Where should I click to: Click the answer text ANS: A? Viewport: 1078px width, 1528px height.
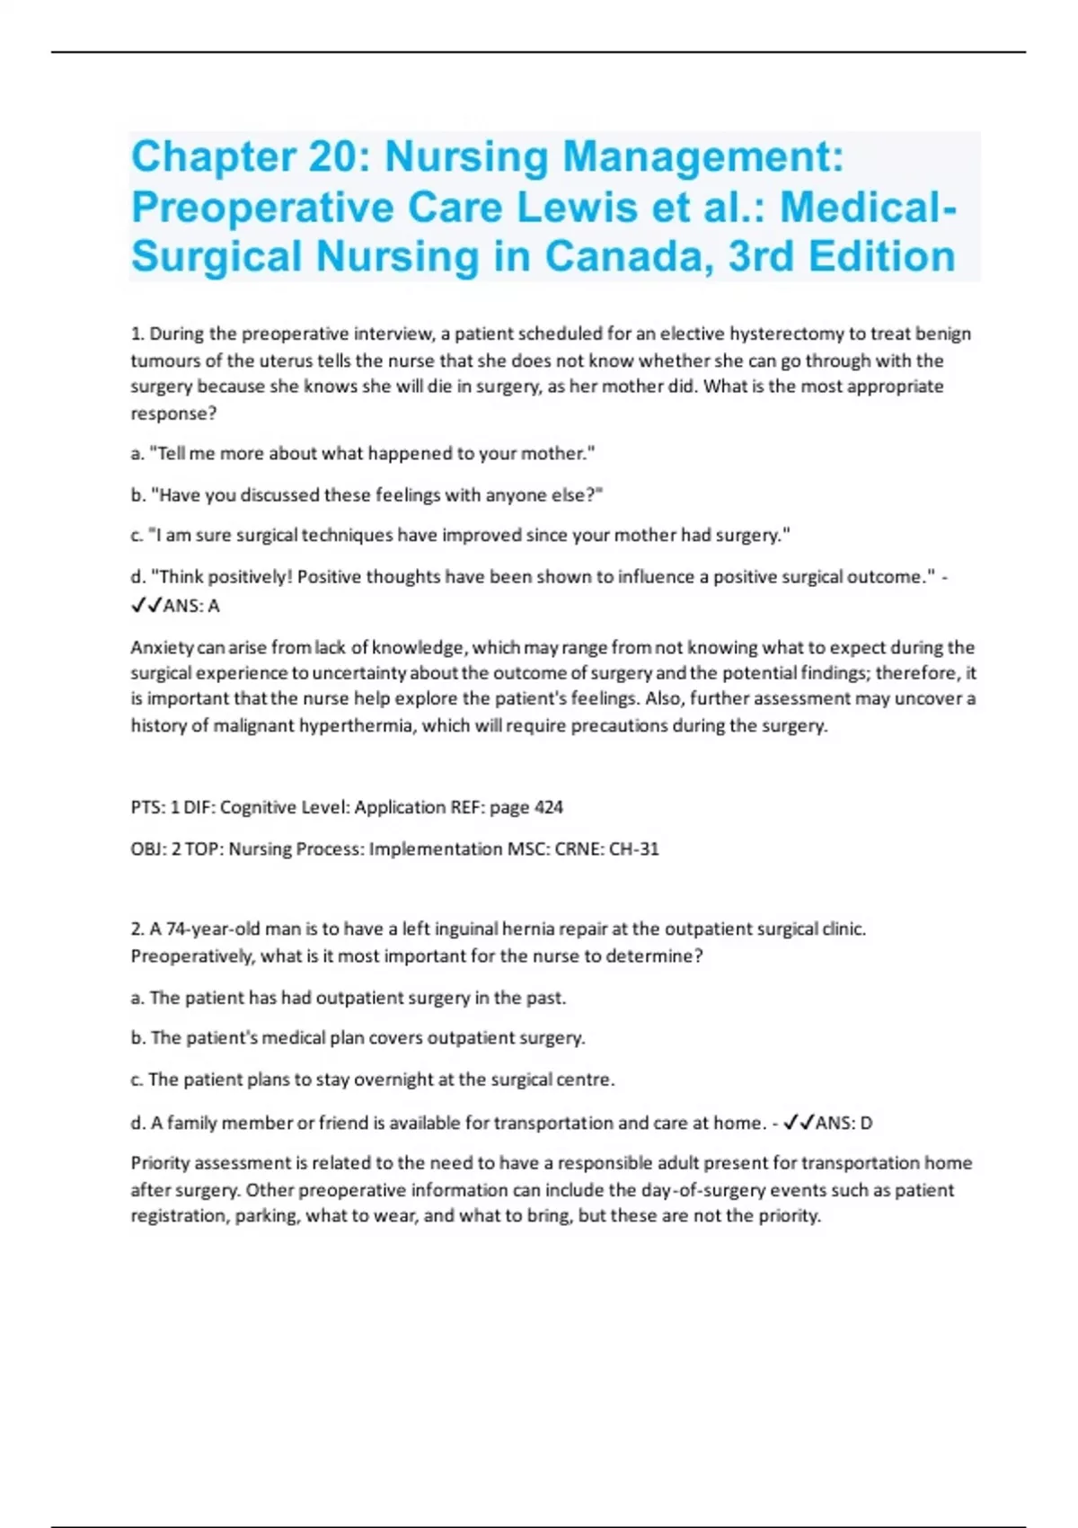(x=190, y=606)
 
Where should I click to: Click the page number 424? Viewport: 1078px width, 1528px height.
(x=548, y=807)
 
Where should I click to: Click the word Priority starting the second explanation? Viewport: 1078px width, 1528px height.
(x=160, y=1163)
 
